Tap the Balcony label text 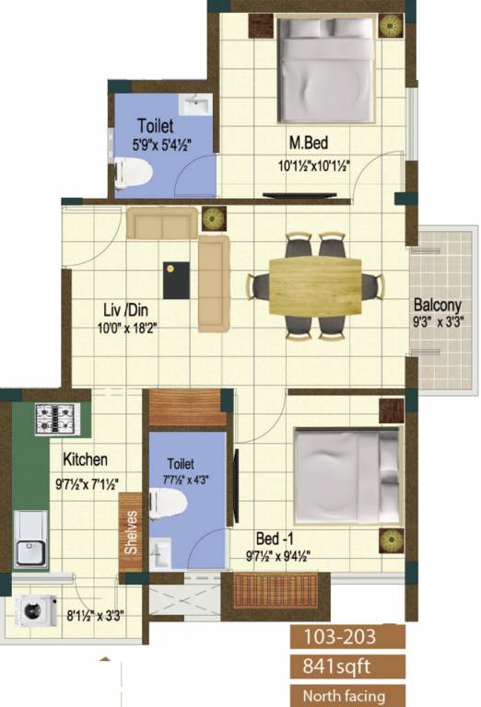(438, 306)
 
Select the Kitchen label (86, 458)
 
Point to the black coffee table (176, 279)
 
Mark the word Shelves (132, 532)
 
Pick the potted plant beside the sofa (213, 219)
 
